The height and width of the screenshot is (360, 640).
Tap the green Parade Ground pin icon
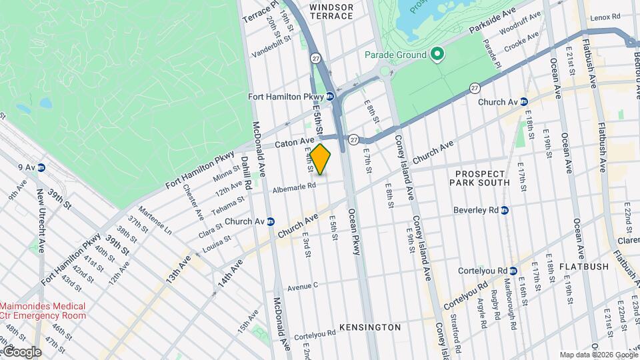pyautogui.click(x=437, y=54)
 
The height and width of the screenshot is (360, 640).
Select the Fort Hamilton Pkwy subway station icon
pyautogui.click(x=330, y=97)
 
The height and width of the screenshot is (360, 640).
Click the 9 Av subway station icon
pyautogui.click(x=41, y=167)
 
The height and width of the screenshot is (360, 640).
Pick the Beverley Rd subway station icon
pyautogui.click(x=505, y=210)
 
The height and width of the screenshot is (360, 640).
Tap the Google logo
pyautogui.click(x=21, y=351)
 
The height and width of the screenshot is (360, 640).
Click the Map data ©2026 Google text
pyautogui.click(x=598, y=354)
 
